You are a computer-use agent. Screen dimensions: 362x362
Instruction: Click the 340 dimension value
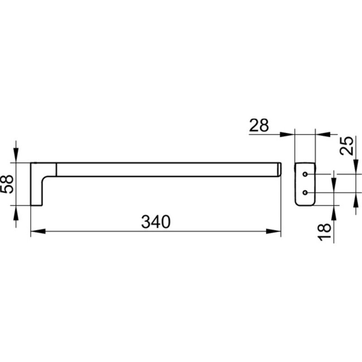[156, 222]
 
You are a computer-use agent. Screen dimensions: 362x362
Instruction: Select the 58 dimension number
[7, 184]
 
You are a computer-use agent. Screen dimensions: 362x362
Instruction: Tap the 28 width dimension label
[259, 125]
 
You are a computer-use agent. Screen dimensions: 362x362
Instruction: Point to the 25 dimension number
[347, 146]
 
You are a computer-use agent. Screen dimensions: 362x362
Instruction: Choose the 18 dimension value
[324, 232]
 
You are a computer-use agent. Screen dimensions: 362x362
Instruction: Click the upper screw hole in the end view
[305, 174]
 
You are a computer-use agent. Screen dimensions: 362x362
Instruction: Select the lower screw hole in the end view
[305, 192]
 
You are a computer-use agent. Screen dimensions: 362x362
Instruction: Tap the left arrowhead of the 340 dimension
[38, 231]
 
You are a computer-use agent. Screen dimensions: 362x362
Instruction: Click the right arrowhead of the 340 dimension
[273, 231]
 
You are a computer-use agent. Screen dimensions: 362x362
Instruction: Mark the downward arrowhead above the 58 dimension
[16, 155]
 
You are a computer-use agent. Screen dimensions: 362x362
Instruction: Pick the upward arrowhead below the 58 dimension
[16, 213]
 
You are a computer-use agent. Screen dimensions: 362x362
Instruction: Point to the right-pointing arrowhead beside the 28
[287, 134]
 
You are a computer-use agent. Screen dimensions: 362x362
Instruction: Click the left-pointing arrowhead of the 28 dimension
[323, 134]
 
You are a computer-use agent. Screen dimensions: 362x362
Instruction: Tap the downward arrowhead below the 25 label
[356, 166]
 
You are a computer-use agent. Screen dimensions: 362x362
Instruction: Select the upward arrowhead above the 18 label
[334, 213]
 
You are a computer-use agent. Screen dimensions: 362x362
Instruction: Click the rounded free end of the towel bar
[279, 170]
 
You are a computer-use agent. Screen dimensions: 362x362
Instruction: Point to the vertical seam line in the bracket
[56, 169]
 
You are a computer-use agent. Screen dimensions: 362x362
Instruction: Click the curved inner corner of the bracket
[45, 179]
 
